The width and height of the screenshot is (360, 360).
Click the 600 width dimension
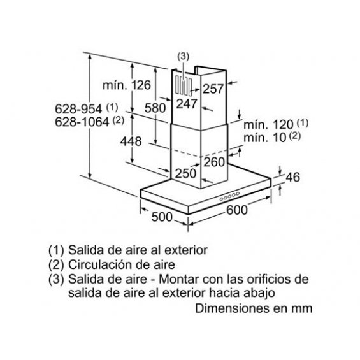(x=237, y=210)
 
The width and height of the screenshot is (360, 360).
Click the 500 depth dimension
(x=162, y=217)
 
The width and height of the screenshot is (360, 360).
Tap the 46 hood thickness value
(x=292, y=177)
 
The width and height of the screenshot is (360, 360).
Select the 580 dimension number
(x=155, y=108)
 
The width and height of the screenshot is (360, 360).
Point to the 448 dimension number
(x=131, y=141)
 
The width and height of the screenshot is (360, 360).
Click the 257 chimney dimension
(x=213, y=89)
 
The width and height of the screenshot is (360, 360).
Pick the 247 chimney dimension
(x=187, y=104)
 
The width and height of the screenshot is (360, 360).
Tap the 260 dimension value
(x=214, y=162)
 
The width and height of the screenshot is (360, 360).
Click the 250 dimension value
(x=185, y=173)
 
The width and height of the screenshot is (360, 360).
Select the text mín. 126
(x=127, y=85)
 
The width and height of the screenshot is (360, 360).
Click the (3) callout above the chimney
(x=184, y=57)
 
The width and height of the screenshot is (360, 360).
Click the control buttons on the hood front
(x=229, y=196)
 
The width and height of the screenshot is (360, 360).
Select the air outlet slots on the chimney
(x=184, y=86)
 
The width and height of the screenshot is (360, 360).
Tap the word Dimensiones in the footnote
(x=232, y=308)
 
